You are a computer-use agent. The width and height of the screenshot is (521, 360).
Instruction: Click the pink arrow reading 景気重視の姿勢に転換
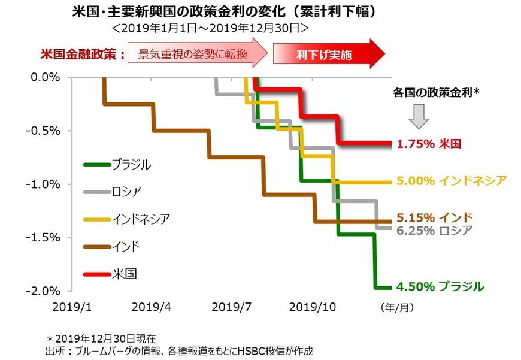(x=198, y=55)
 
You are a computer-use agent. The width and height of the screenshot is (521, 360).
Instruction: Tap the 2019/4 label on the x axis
(x=151, y=307)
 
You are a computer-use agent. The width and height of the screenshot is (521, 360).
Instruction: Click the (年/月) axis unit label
(x=396, y=307)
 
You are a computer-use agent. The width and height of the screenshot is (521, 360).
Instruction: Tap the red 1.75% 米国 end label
(x=428, y=144)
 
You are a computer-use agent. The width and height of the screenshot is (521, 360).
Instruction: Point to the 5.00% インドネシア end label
(x=452, y=180)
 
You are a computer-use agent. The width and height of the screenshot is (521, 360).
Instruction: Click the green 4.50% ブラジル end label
(x=440, y=287)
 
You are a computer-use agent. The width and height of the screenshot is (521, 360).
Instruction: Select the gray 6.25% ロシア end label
(x=434, y=231)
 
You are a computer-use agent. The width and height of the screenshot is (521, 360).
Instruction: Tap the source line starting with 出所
(x=179, y=351)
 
